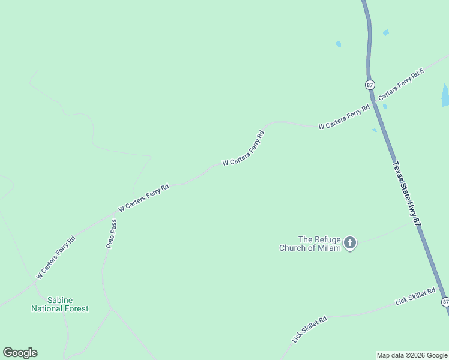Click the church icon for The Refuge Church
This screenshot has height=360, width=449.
coord(349,243)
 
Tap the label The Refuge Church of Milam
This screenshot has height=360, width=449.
coord(310,243)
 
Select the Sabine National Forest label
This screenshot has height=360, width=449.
coord(60,304)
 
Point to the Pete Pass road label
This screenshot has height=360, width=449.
coord(112,233)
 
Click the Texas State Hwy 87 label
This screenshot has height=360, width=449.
coord(406,193)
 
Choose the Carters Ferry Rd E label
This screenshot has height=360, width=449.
coord(401,83)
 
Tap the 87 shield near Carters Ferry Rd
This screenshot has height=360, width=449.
coord(370,85)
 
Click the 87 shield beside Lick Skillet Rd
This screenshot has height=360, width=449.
coord(445,301)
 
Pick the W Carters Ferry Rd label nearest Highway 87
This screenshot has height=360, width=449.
coord(344,118)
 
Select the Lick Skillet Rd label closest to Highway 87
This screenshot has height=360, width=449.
coord(415,295)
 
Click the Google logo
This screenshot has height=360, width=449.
coord(20,353)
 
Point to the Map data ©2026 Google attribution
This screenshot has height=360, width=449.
coord(411,355)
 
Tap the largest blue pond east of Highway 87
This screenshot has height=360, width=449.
coord(445,95)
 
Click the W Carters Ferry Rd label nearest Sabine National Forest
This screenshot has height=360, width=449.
coord(56,257)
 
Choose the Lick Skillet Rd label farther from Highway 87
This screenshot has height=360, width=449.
coord(309,329)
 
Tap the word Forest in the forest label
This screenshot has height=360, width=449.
coord(76,308)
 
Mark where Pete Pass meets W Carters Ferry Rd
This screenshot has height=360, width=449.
coord(116,212)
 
